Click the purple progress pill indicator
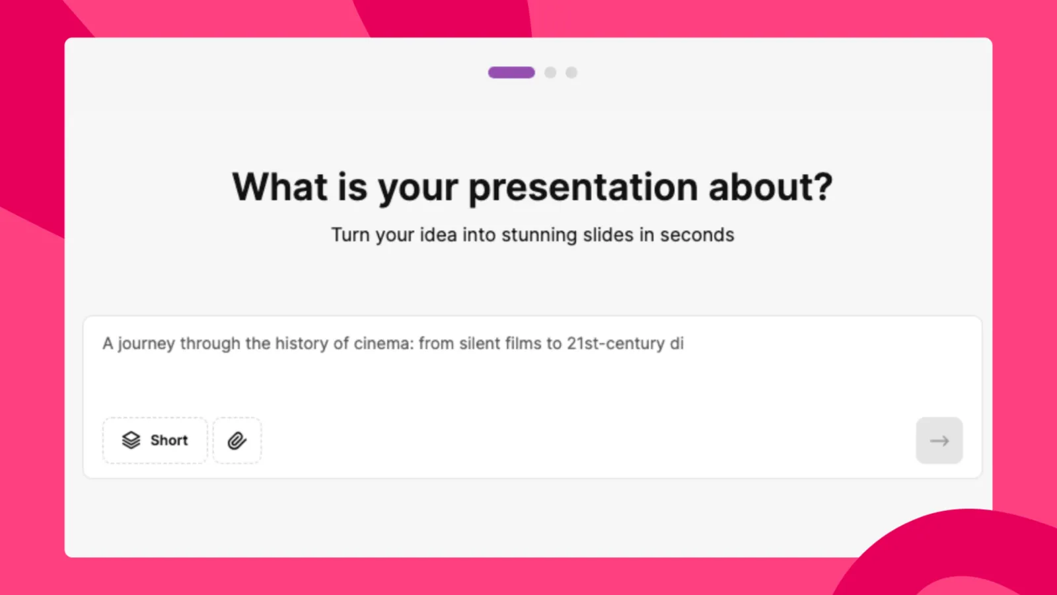point(511,73)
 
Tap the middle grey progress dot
point(550,73)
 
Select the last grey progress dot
point(571,73)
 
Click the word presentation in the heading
point(583,188)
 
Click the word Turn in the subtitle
point(350,235)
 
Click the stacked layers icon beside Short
point(131,440)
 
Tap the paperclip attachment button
point(237,440)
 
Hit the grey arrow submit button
point(939,440)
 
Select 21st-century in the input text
point(616,344)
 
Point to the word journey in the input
point(146,344)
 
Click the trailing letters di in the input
point(676,344)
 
